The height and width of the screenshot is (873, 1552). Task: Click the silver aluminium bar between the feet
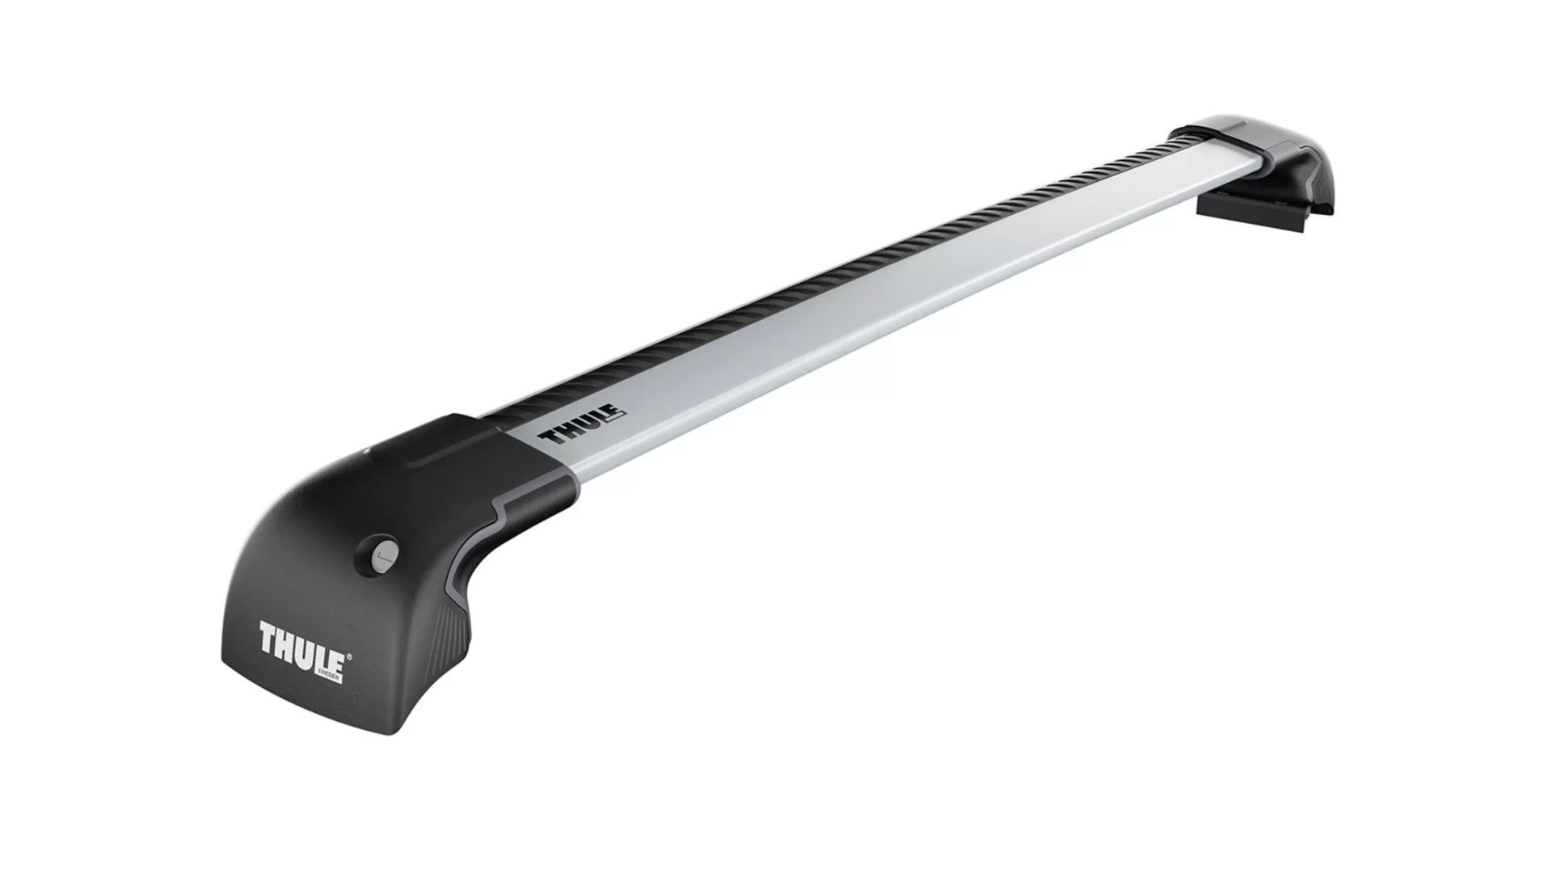click(x=889, y=299)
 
